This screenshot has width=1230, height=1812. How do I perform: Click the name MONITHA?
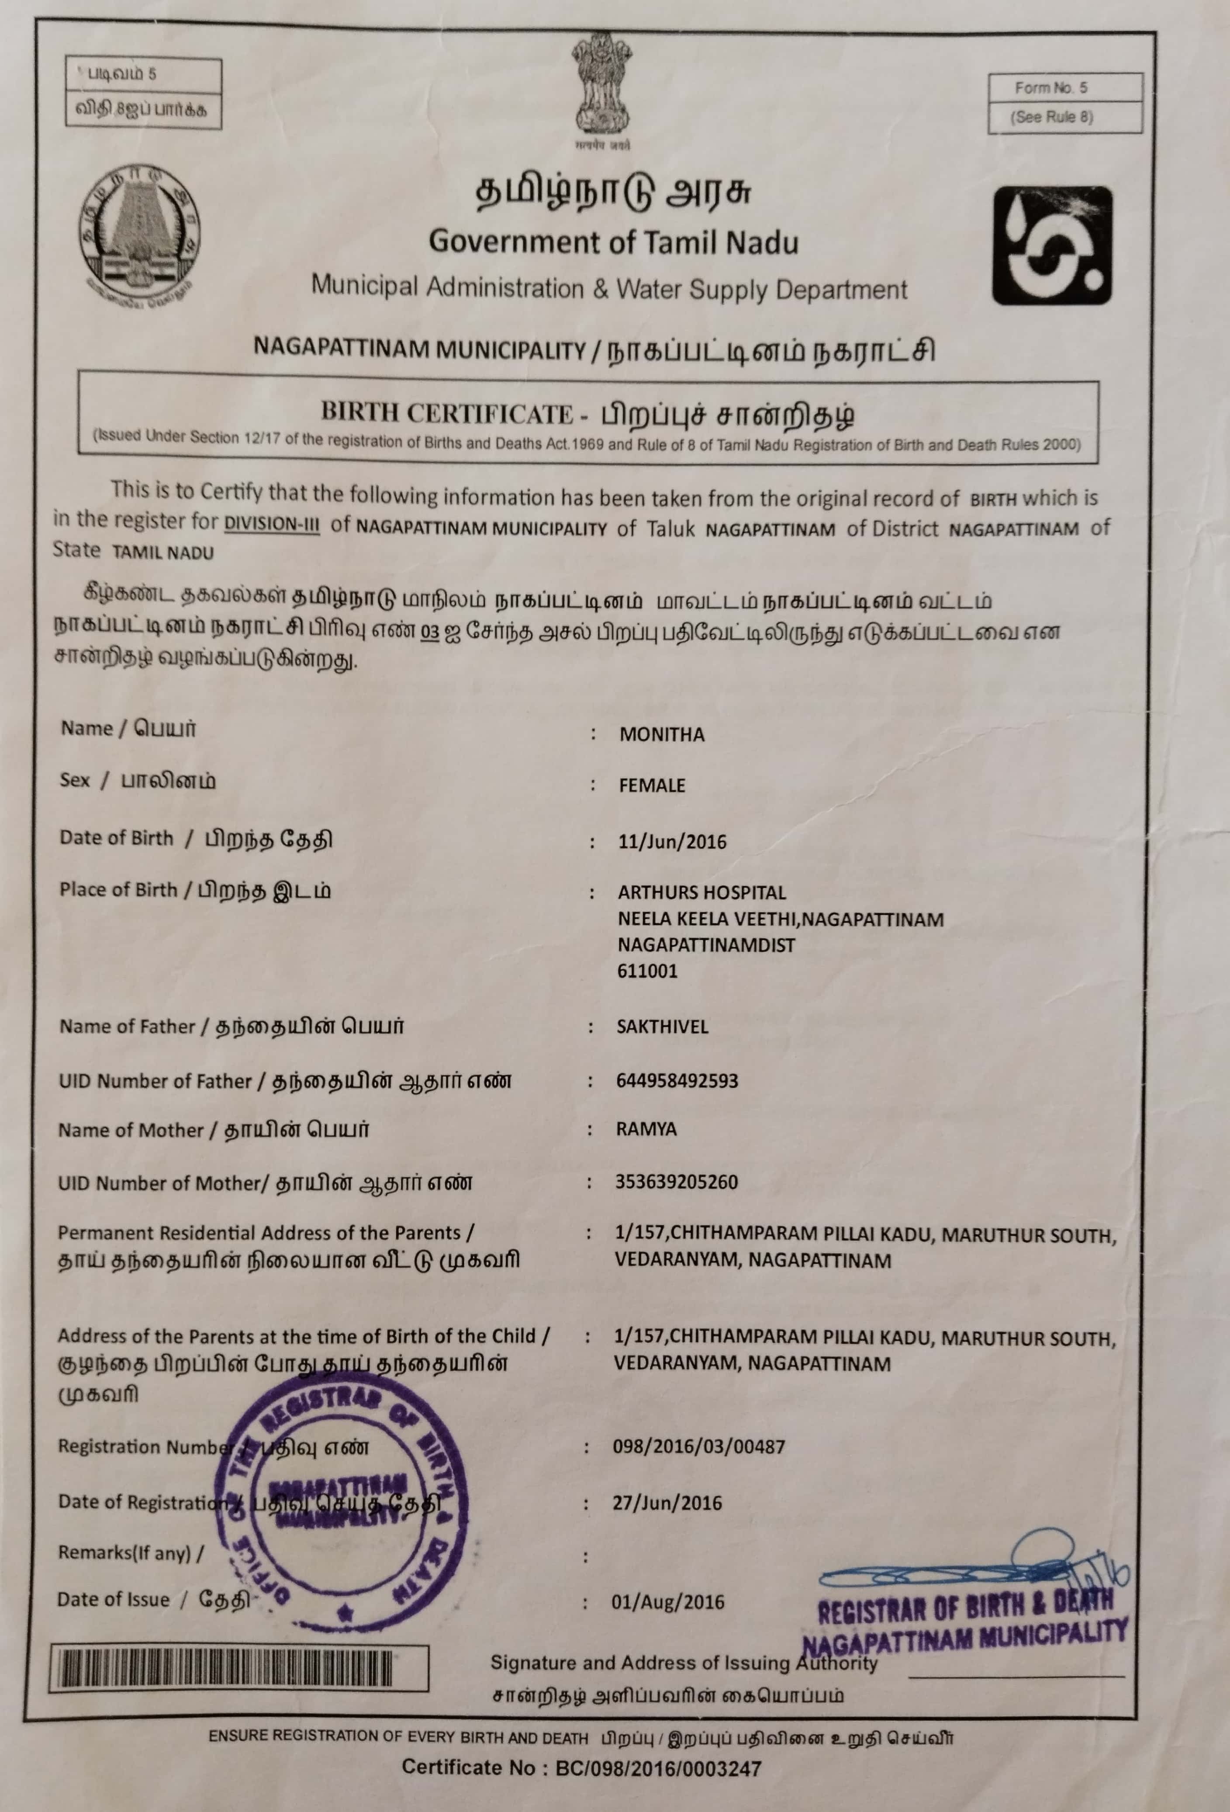tap(662, 734)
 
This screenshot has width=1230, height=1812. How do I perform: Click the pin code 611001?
tap(647, 971)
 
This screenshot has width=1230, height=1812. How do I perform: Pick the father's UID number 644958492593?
tap(677, 1081)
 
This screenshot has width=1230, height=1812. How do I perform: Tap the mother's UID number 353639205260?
tap(676, 1182)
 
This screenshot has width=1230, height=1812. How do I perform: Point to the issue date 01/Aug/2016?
tap(668, 1602)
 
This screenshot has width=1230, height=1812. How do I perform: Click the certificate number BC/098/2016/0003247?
tap(658, 1768)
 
